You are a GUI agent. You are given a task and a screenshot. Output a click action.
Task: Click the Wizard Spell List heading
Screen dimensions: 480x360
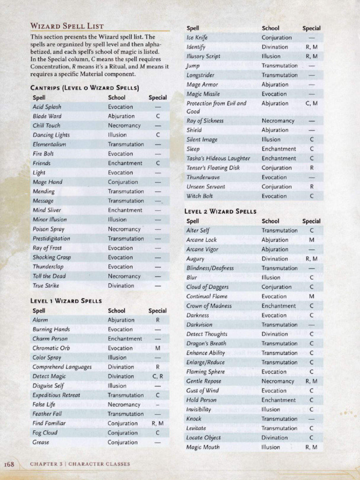67,26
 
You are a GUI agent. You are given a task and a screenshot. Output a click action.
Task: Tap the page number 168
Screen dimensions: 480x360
9,464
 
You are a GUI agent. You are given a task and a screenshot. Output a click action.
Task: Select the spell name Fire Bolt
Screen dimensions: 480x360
43,154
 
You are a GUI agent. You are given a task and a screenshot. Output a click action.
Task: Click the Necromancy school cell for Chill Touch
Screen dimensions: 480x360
124,126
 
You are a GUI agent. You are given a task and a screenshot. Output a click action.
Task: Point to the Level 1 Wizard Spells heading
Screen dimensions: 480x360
66,300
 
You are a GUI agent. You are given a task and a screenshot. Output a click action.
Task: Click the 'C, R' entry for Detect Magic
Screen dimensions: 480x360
157,376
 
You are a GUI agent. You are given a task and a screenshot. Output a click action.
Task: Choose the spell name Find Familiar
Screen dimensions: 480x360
49,423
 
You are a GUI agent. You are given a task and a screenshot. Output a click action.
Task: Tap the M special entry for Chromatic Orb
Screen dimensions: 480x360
157,348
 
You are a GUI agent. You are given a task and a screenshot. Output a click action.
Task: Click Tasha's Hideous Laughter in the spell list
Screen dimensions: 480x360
218,158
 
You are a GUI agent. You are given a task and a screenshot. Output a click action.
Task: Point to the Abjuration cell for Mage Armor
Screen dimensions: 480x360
275,84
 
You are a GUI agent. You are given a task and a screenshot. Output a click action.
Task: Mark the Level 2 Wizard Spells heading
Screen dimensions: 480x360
220,211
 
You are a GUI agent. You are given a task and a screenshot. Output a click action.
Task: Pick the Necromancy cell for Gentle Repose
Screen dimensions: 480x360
278,381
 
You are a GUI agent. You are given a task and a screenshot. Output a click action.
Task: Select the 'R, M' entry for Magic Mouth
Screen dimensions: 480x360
311,447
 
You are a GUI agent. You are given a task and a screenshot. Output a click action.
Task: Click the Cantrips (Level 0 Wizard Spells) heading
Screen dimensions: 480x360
84,88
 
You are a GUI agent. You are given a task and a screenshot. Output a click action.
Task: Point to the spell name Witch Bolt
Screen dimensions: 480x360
200,196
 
